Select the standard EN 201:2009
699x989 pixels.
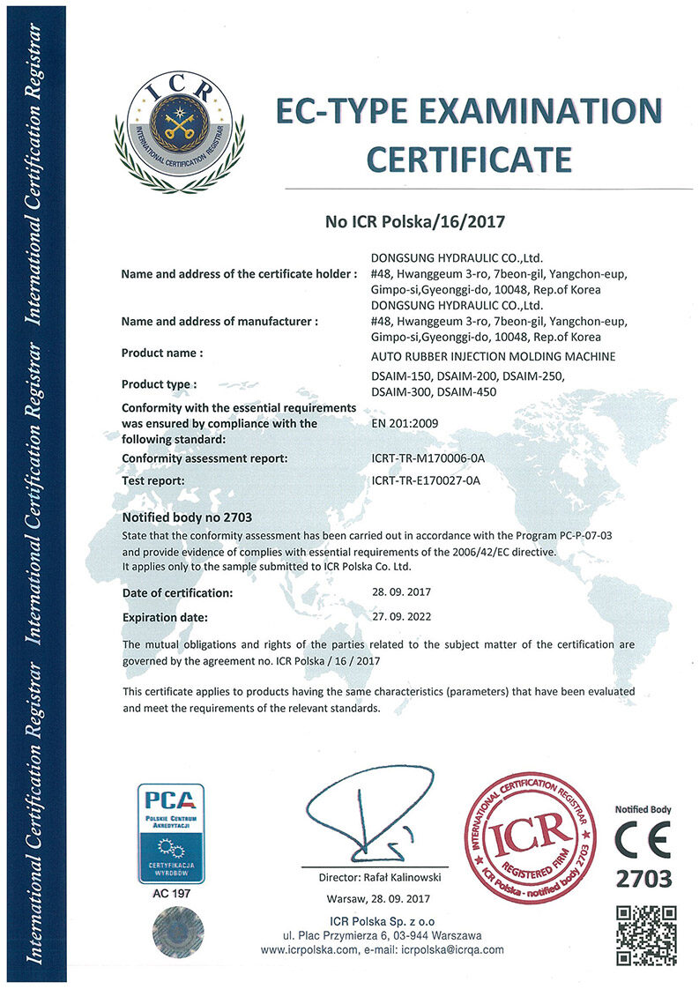406,423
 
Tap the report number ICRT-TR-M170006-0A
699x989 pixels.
429,458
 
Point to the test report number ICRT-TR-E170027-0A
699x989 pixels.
428,480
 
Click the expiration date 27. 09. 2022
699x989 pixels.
403,618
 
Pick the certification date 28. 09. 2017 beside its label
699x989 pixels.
403,592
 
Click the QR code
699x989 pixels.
645,935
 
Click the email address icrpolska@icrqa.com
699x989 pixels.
452,949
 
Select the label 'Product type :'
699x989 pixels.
160,383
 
